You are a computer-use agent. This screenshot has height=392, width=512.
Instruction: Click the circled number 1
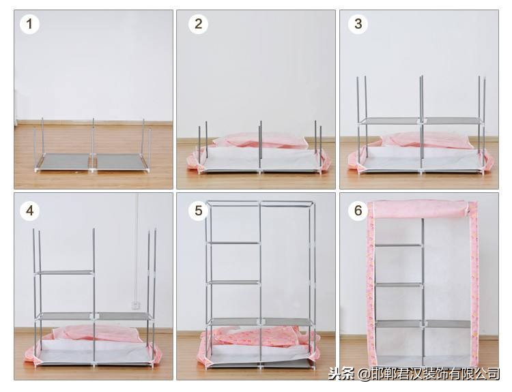click(x=30, y=24)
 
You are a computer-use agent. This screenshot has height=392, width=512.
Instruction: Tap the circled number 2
click(x=198, y=24)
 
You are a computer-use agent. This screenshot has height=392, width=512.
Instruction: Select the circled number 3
click(x=358, y=24)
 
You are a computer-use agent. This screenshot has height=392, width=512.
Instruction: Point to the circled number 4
click(x=30, y=211)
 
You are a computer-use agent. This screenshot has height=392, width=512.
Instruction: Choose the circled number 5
click(x=198, y=211)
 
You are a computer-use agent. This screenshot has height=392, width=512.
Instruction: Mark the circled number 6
click(x=358, y=211)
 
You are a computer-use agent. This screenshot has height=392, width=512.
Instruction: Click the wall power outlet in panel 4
click(x=136, y=305)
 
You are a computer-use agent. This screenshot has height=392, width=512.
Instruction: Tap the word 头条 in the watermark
click(x=341, y=374)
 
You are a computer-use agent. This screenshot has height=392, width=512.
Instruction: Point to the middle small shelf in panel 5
click(x=233, y=282)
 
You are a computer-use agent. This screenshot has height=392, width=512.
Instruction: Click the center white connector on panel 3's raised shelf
click(x=421, y=121)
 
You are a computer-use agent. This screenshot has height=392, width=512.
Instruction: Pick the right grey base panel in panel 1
click(x=121, y=162)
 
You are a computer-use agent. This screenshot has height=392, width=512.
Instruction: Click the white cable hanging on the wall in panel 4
click(x=137, y=248)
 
